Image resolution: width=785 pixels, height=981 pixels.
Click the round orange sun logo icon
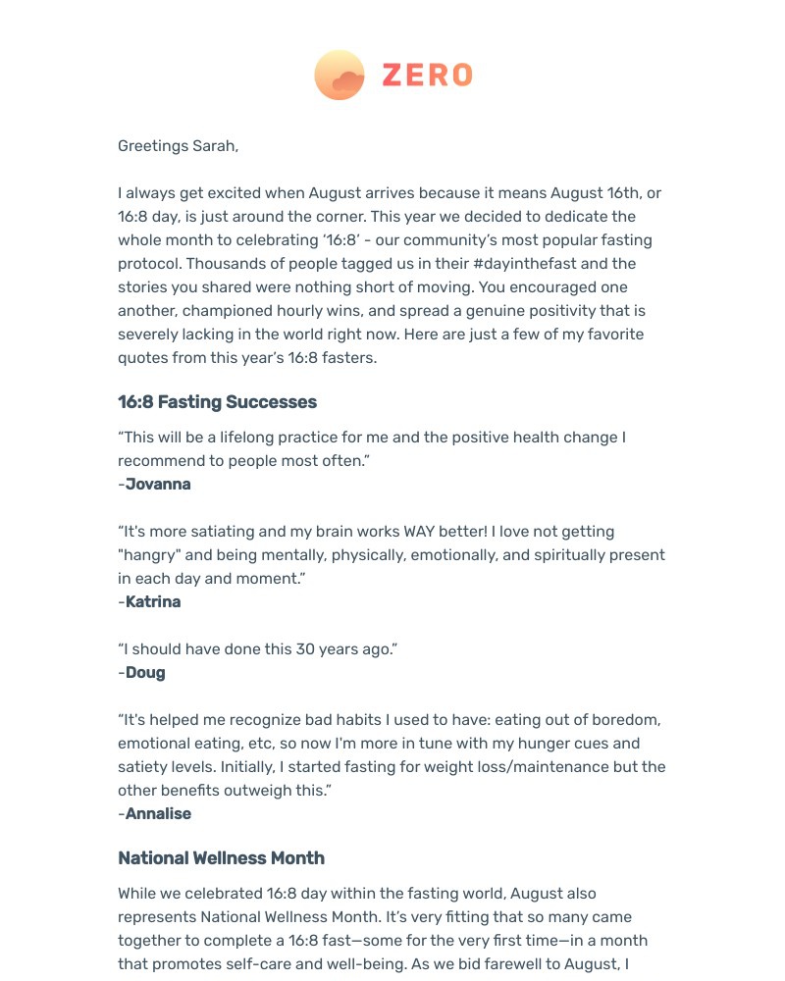[340, 76]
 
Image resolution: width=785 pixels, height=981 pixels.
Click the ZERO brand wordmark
[427, 76]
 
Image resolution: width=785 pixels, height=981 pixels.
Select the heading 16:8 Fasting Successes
[217, 402]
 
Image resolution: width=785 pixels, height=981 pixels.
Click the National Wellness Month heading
[221, 858]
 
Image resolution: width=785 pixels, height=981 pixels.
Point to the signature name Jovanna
[158, 485]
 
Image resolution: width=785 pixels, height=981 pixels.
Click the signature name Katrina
[153, 602]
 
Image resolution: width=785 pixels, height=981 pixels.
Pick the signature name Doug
[145, 673]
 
